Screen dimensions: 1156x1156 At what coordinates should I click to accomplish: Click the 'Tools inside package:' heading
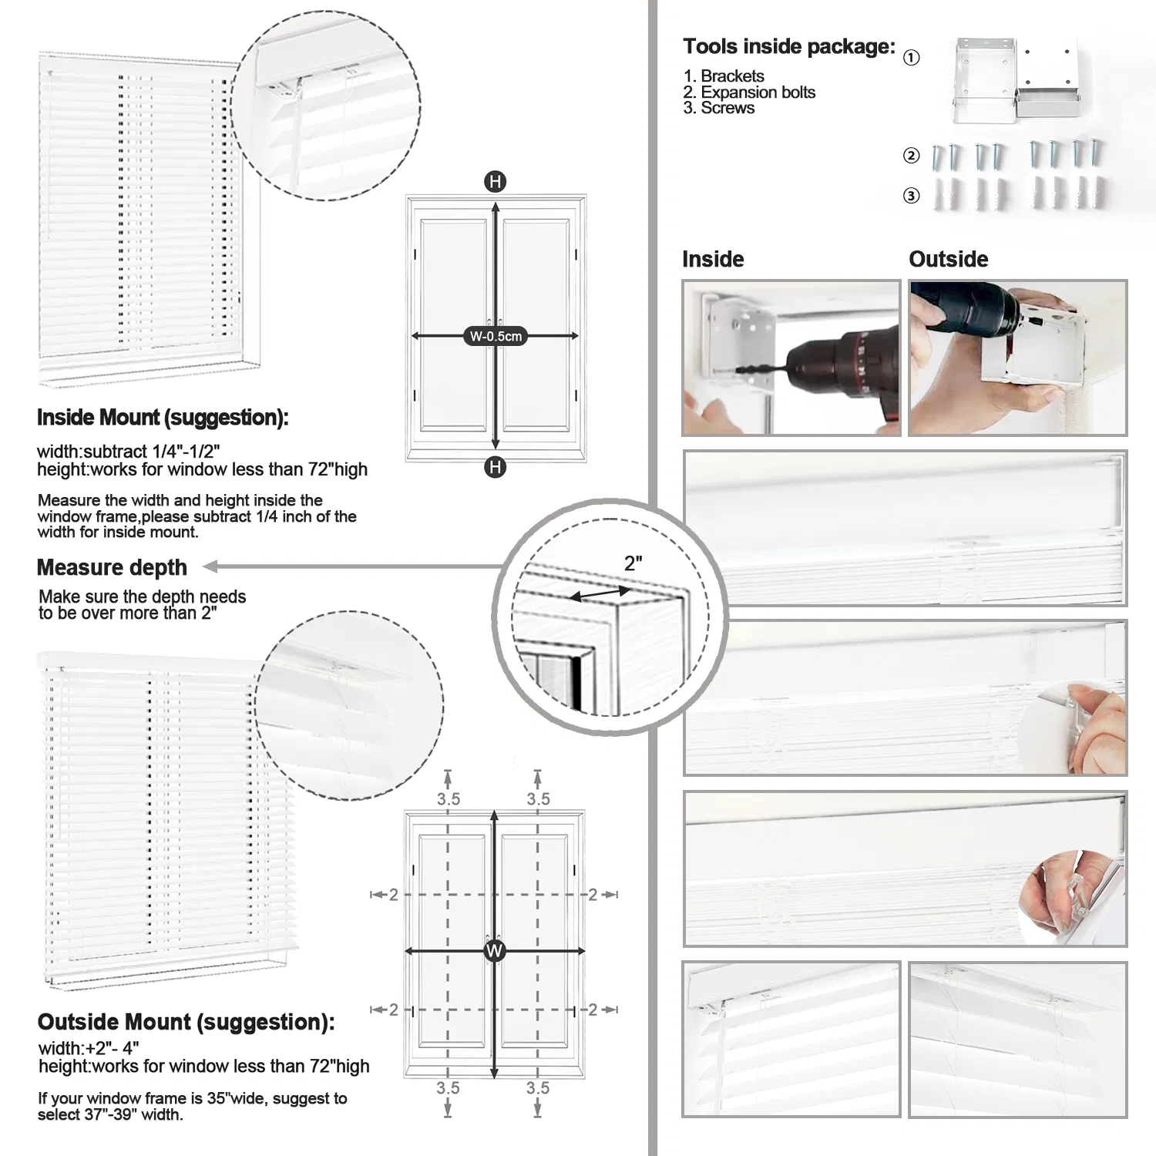click(788, 47)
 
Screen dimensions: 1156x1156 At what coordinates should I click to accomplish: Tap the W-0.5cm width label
click(496, 336)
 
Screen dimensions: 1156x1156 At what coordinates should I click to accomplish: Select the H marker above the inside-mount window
click(495, 182)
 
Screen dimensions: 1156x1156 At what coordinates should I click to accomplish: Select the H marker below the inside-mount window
click(495, 467)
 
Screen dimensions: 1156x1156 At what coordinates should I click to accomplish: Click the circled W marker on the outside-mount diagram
click(494, 951)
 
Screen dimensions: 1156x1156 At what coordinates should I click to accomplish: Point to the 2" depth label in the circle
click(633, 563)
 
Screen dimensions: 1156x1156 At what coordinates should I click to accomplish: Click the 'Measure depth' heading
click(112, 568)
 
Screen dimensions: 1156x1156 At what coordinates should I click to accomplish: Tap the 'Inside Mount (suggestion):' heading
click(163, 418)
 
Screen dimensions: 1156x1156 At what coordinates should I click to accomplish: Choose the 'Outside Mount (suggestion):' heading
click(186, 1022)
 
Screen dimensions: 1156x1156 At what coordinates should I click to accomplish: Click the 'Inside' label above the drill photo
click(713, 259)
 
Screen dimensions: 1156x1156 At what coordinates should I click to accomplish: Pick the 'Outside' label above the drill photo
click(948, 259)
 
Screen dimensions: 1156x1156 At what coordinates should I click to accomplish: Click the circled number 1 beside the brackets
click(911, 58)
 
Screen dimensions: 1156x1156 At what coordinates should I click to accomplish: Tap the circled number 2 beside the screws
click(911, 156)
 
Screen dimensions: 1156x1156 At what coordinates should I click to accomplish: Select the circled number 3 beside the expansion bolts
click(911, 196)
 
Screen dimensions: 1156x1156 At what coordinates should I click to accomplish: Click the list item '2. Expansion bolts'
click(748, 92)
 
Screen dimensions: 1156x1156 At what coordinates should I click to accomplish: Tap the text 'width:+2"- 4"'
click(89, 1048)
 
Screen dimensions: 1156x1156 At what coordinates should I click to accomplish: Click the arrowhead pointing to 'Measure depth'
click(210, 567)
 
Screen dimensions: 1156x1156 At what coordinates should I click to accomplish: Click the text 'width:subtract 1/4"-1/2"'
click(128, 452)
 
